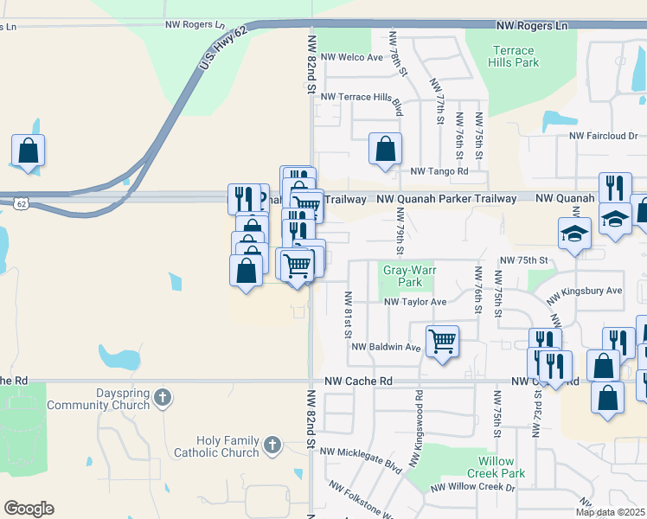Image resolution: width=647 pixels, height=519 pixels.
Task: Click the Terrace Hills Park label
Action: (515, 56)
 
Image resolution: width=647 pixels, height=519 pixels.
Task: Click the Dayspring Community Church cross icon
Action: (163, 398)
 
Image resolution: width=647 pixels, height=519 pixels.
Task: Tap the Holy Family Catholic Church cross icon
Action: (272, 445)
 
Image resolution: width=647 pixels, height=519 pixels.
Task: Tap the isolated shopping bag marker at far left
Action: (28, 150)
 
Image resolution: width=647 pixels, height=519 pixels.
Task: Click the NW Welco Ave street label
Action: (351, 58)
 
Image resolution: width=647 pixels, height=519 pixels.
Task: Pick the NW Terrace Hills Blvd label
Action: (362, 97)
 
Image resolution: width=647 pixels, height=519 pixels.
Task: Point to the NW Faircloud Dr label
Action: (603, 136)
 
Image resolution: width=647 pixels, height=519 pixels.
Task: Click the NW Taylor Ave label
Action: (415, 302)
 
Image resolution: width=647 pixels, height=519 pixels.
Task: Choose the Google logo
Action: (29, 509)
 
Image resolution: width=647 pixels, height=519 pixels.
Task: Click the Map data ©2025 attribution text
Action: (611, 512)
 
